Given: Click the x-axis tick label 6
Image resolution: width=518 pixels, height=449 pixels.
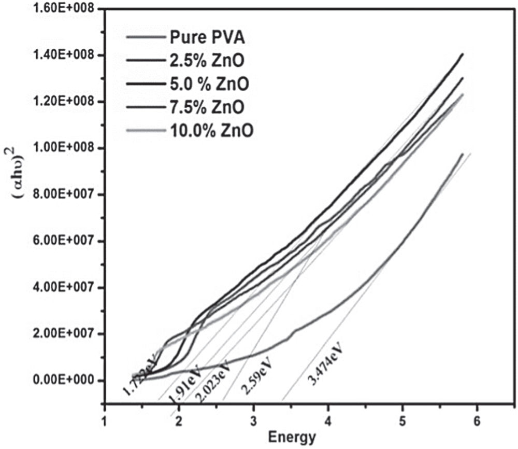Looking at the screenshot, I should coord(477,419).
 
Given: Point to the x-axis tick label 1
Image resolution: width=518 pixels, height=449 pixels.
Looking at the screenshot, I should coord(105,419).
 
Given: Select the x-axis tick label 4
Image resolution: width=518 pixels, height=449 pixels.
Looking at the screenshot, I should coord(328,419).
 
